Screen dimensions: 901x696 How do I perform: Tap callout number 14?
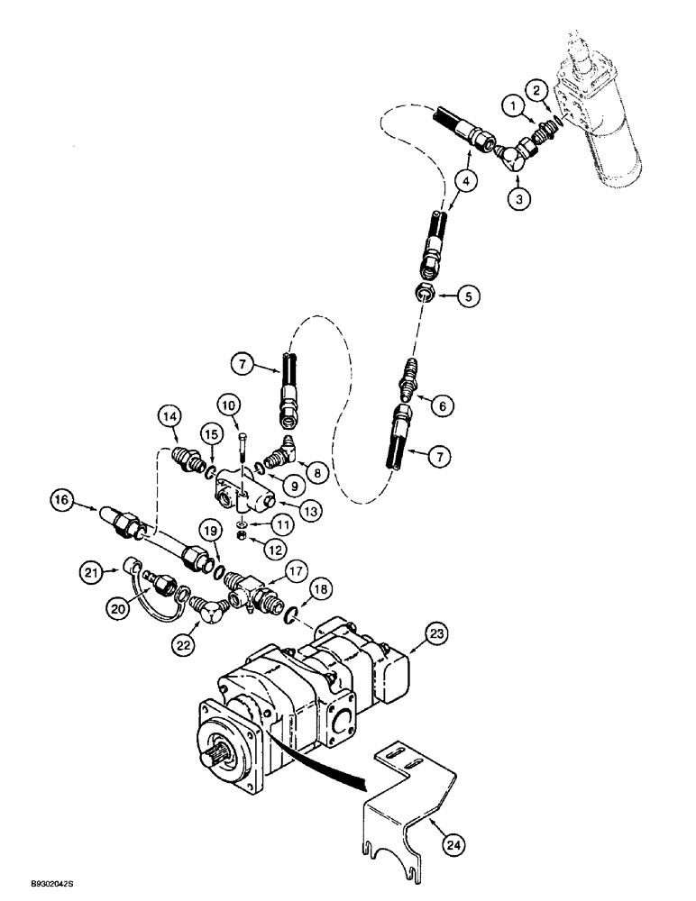[169, 416]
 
